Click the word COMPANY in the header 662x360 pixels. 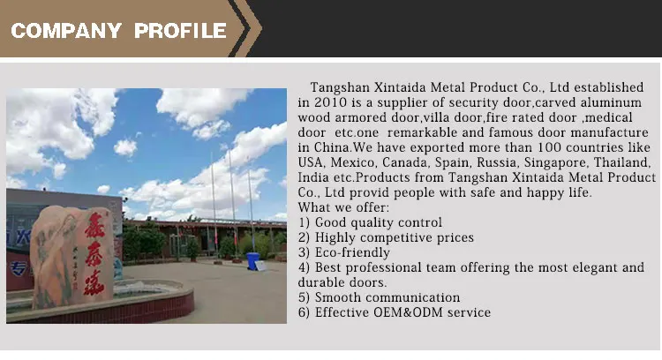tap(66, 31)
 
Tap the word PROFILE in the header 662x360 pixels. tap(180, 31)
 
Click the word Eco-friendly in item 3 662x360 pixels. tap(352, 252)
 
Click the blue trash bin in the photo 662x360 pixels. tap(252, 261)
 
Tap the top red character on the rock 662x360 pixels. tap(94, 226)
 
